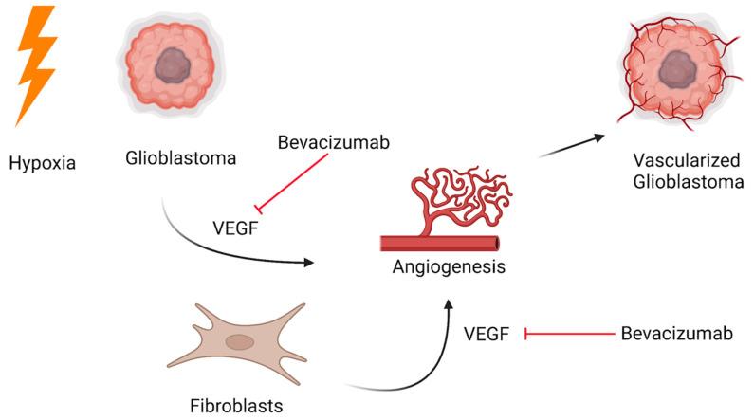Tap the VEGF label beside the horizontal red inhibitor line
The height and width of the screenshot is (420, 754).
pos(488,333)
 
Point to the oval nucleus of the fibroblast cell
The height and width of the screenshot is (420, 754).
pos(240,342)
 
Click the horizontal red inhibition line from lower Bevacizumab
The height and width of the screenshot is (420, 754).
pos(569,333)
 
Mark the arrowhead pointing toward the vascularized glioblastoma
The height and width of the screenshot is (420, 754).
pos(598,136)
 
